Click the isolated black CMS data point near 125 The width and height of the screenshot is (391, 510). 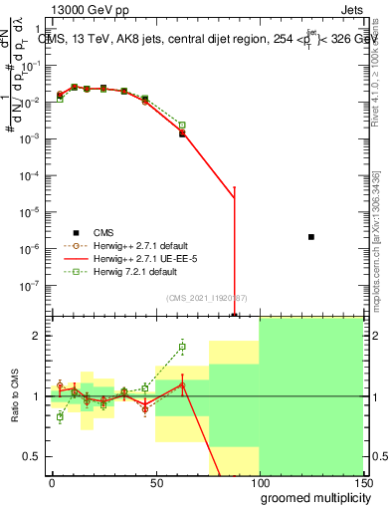[311, 237]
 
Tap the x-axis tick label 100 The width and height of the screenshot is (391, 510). [259, 483]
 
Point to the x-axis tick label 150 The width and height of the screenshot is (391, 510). [362, 483]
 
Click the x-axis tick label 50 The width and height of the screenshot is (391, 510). [155, 483]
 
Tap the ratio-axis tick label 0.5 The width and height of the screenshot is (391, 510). [34, 456]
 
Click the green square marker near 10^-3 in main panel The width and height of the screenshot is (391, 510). [182, 126]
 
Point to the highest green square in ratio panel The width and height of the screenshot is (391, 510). [182, 347]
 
